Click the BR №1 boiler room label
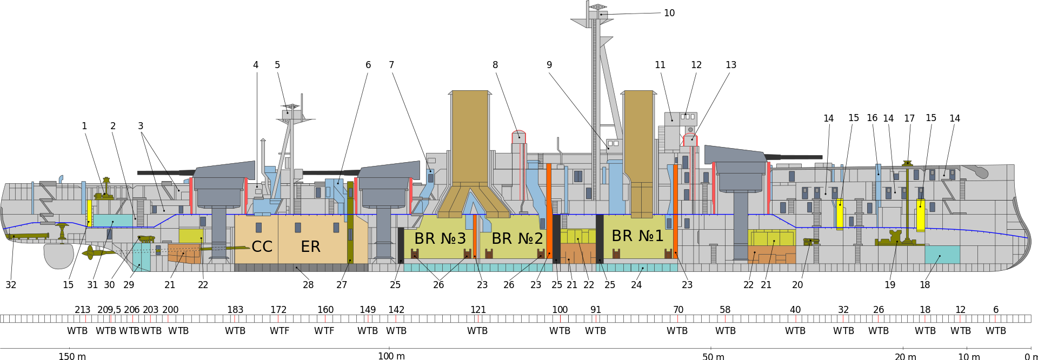637,236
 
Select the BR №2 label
517,238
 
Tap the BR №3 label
440,238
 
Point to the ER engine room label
310,246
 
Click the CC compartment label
262,246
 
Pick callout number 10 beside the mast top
669,13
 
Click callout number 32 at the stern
11,285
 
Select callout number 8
495,65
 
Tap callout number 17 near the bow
909,118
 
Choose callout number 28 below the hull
308,285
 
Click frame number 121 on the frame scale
478,310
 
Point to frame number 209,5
109,310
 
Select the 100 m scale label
391,356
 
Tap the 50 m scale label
713,356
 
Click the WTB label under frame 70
677,331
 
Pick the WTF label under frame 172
280,331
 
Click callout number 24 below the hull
636,285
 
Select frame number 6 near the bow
996,310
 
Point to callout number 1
84,126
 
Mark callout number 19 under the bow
890,285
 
